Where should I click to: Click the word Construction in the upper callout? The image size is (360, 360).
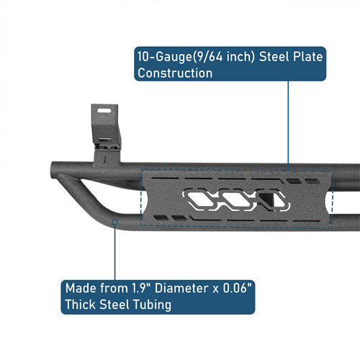(x=175, y=73)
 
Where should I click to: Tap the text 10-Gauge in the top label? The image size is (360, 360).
(x=164, y=57)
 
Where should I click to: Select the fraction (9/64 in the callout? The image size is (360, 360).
(x=207, y=57)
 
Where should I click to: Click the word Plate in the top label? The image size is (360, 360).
(x=308, y=57)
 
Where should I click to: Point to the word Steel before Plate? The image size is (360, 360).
(x=274, y=57)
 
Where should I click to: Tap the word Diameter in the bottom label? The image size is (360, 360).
(x=181, y=288)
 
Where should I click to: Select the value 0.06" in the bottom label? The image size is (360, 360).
(x=237, y=288)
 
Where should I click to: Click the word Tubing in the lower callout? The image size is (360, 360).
(x=152, y=305)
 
